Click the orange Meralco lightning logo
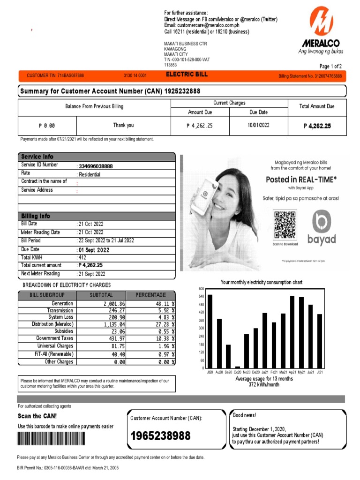[322, 22]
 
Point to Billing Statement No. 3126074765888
[310, 76]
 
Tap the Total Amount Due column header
[317, 106]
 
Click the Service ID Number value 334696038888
[96, 166]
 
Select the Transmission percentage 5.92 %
[165, 310]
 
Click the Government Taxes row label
[55, 338]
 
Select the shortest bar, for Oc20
[238, 367]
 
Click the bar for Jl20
[210, 331]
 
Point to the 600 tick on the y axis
[201, 288]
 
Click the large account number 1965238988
[160, 436]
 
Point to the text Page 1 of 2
[330, 66]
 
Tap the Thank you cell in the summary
[123, 125]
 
